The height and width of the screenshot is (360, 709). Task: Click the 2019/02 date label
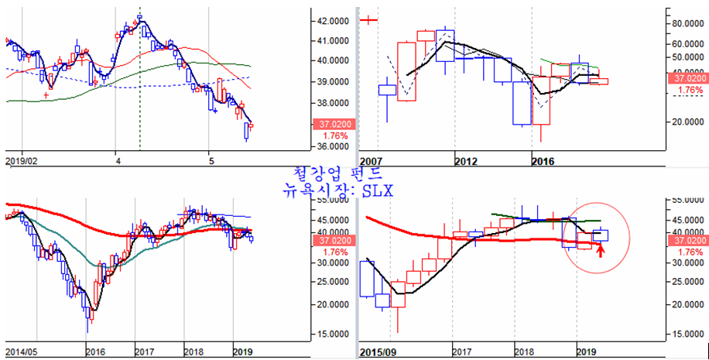coord(22,161)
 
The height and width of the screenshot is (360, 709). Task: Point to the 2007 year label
coord(371,161)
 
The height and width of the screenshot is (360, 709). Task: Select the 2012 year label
coord(466,161)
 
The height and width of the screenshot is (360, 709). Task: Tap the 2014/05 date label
coord(22,352)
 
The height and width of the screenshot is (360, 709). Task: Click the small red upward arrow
coord(600,250)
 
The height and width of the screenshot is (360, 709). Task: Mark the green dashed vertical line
coord(139,93)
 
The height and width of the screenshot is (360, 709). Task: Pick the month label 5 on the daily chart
coord(211,161)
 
